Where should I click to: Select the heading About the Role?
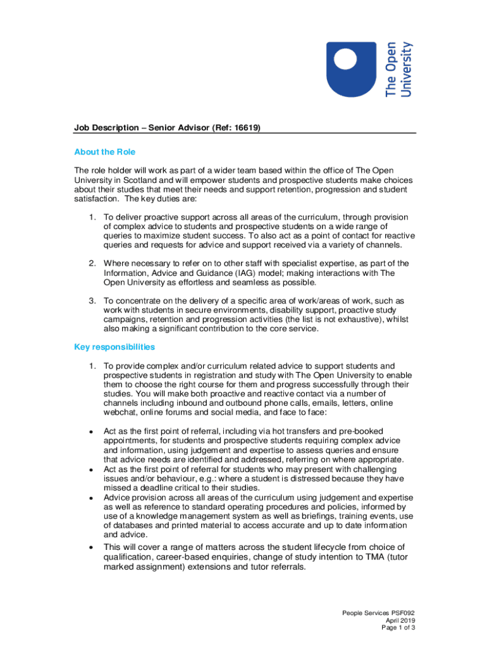pyautogui.click(x=104, y=152)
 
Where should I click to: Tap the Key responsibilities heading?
pyautogui.click(x=114, y=347)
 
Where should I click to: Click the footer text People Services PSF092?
pyautogui.click(x=378, y=613)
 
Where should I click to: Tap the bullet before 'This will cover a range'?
pyautogui.click(x=92, y=547)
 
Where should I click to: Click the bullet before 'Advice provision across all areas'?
pyautogui.click(x=92, y=498)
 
